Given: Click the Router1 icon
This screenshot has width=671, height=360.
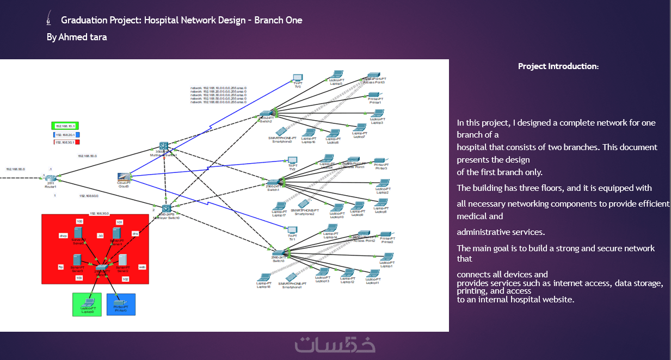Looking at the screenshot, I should (51, 178).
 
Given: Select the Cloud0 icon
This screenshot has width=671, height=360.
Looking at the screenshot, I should (125, 177).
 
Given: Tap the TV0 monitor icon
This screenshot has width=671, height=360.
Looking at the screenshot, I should (297, 78).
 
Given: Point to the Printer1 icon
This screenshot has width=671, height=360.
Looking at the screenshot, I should (375, 96).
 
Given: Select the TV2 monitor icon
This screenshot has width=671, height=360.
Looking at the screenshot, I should (292, 161).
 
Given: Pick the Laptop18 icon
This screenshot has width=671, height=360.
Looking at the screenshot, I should (264, 278).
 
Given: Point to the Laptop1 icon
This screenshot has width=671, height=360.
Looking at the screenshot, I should (386, 258).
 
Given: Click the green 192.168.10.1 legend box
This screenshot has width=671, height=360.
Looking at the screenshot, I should (65, 126).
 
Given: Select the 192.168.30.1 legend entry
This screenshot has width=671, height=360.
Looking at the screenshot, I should (66, 142).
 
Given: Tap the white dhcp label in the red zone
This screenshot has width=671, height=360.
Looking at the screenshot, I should (63, 236).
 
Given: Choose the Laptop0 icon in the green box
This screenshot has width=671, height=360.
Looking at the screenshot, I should (87, 302).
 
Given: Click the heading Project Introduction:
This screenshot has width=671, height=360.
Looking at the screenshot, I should (558, 66).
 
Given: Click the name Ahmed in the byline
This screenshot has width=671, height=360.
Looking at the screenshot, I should (71, 37).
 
